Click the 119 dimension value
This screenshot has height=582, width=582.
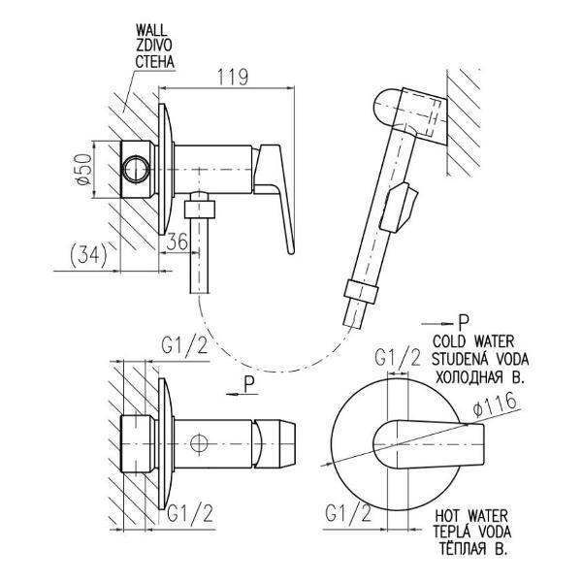[x=233, y=77]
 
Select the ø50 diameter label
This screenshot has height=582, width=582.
[x=83, y=169]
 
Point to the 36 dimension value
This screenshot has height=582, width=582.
[x=178, y=242]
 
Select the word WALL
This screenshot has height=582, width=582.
[x=151, y=30]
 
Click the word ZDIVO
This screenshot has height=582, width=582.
[x=153, y=46]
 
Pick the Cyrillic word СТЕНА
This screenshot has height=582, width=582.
[x=155, y=62]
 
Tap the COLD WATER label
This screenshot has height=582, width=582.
[x=473, y=340]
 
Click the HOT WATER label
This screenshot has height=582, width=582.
[x=471, y=516]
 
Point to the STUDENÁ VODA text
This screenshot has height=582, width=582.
[x=480, y=359]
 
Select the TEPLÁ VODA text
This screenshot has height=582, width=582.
[x=472, y=532]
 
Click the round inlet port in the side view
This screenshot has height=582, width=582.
[x=136, y=169]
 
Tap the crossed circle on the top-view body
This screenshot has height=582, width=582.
[x=198, y=443]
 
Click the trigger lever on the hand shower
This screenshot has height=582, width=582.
[x=399, y=208]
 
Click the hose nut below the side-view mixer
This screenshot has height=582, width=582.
[x=200, y=209]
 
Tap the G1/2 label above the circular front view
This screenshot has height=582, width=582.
[x=398, y=358]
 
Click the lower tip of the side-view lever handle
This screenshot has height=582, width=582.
[x=291, y=252]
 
